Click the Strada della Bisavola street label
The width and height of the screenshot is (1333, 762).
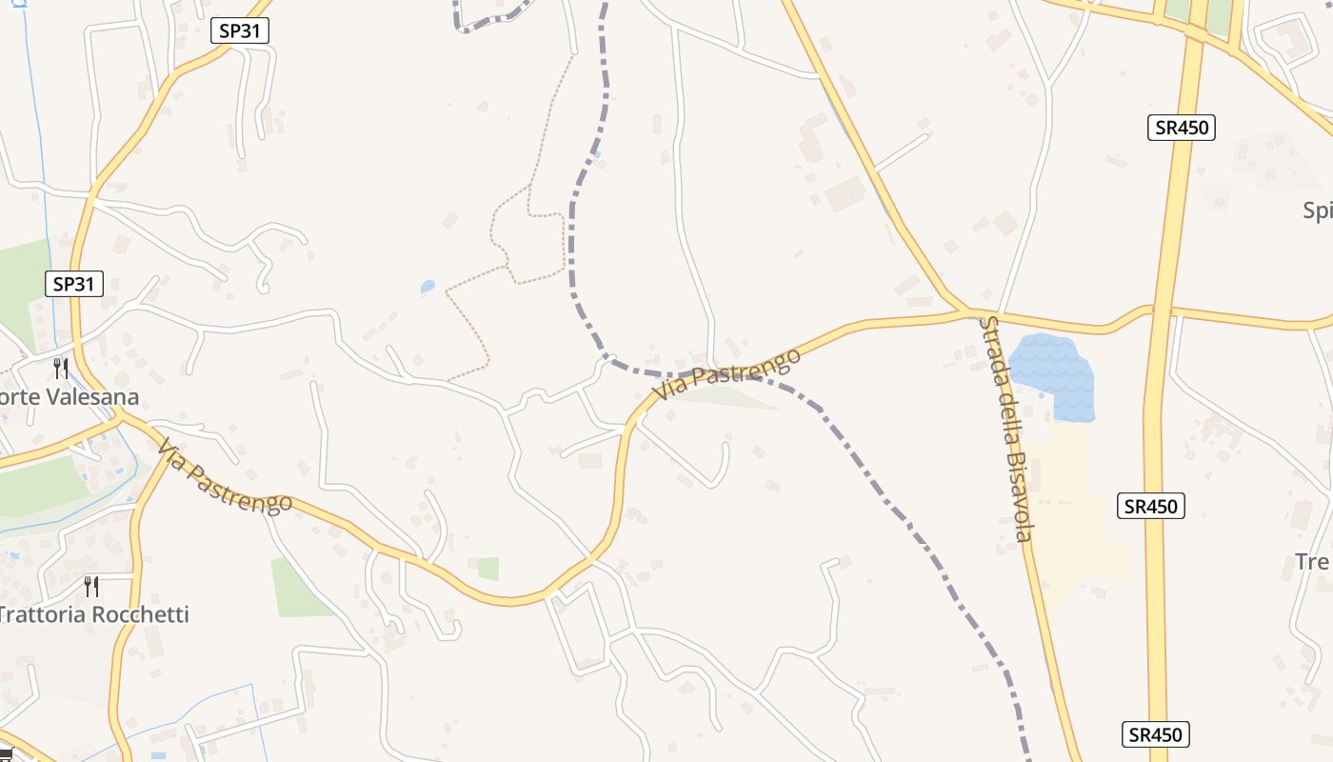(1005, 429)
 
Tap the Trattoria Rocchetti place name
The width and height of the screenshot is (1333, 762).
(94, 614)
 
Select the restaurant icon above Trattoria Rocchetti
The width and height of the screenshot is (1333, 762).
(91, 585)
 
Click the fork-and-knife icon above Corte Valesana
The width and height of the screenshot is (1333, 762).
(61, 368)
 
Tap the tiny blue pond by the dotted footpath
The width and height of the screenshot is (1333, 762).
(428, 286)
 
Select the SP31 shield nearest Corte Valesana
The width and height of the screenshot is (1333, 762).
(74, 284)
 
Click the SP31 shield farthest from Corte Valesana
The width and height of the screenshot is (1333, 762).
(240, 30)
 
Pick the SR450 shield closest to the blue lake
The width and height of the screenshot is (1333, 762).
(1150, 507)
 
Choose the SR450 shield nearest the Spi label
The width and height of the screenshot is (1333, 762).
(1182, 128)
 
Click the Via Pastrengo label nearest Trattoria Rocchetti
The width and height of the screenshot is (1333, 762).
(225, 475)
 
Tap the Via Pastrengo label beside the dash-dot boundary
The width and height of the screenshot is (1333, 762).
(726, 374)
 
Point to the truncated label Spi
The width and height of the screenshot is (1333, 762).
(1319, 211)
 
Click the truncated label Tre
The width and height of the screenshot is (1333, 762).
(1313, 562)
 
